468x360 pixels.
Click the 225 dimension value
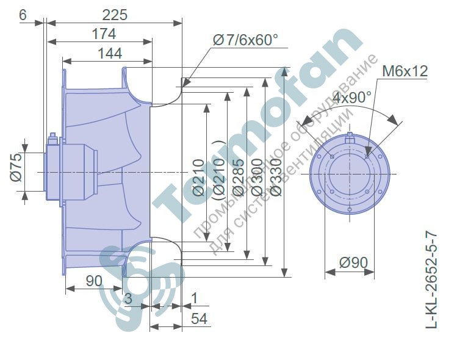click(x=115, y=15)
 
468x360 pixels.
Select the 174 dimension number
click(x=104, y=34)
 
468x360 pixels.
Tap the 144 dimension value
click(x=110, y=54)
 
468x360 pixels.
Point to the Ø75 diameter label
click(x=16, y=167)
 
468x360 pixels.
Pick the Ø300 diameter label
click(x=257, y=178)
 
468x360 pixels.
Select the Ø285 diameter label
click(x=238, y=178)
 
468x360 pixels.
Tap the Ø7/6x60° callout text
click(x=245, y=40)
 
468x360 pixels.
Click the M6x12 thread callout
click(x=405, y=71)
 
